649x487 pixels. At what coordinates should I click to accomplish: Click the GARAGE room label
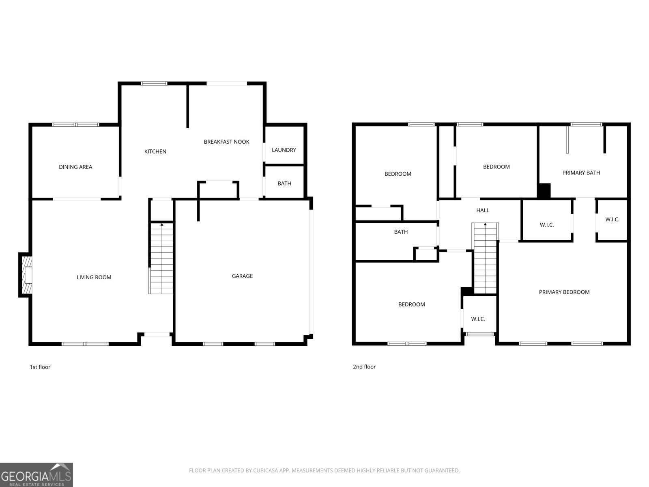pos(242,276)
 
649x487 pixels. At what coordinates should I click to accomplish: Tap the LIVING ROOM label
pos(94,277)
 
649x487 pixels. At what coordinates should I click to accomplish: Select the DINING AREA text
pos(75,167)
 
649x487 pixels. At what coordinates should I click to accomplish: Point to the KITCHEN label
pos(155,151)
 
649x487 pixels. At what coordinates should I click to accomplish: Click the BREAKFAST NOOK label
pos(226,142)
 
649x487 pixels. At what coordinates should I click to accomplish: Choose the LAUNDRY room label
pos(284,150)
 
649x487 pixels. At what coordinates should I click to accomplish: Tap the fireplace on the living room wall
pos(26,275)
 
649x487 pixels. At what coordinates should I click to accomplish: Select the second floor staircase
pos(485,258)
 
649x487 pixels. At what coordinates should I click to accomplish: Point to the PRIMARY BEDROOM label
pos(564,292)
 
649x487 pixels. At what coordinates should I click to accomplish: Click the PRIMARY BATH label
pos(581,173)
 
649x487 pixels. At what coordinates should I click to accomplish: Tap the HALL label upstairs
pos(483,210)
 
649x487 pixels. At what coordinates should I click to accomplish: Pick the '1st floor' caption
pos(40,367)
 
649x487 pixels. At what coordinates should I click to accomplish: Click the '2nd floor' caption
pos(364,366)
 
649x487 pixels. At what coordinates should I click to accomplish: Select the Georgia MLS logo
pos(37,474)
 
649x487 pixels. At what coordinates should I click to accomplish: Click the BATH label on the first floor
pos(284,183)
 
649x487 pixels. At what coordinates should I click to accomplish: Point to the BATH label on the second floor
pos(401,232)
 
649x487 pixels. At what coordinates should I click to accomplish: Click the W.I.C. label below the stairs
pos(478,319)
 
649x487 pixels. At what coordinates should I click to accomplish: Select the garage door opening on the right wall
pos(311,272)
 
